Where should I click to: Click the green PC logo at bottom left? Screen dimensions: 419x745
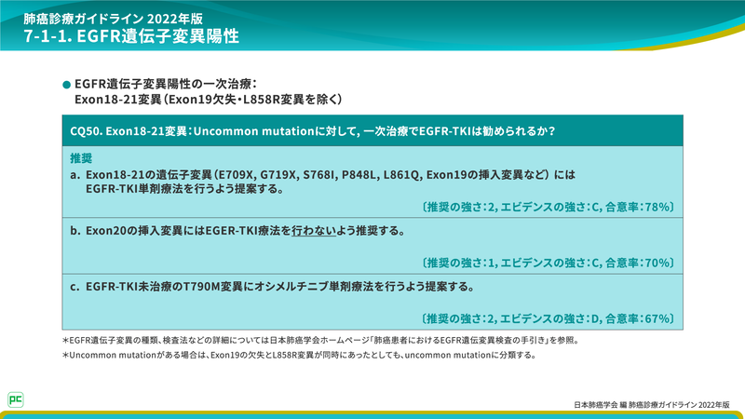(15, 398)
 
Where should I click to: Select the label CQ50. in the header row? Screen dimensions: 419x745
(87, 131)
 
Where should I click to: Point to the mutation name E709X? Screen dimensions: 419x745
(237, 174)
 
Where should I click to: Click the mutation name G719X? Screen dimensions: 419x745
(280, 174)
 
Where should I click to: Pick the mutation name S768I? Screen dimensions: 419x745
(322, 174)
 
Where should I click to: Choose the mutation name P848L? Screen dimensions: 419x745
(364, 174)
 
